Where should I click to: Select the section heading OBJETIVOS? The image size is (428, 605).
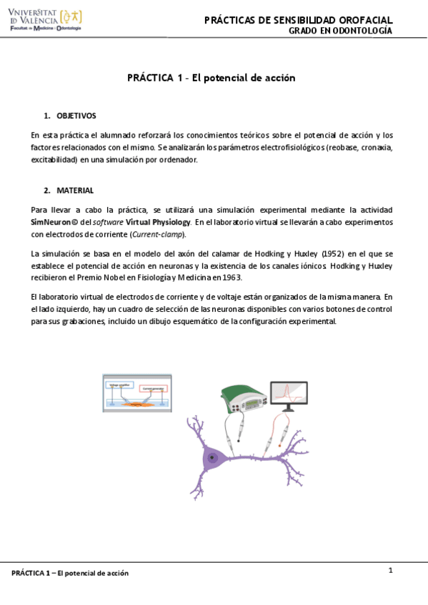pos(76,116)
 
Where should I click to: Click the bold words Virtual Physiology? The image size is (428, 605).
pos(157,222)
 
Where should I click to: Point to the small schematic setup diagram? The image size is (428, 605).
pos(136,393)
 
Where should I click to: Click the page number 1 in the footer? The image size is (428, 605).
pos(391,570)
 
